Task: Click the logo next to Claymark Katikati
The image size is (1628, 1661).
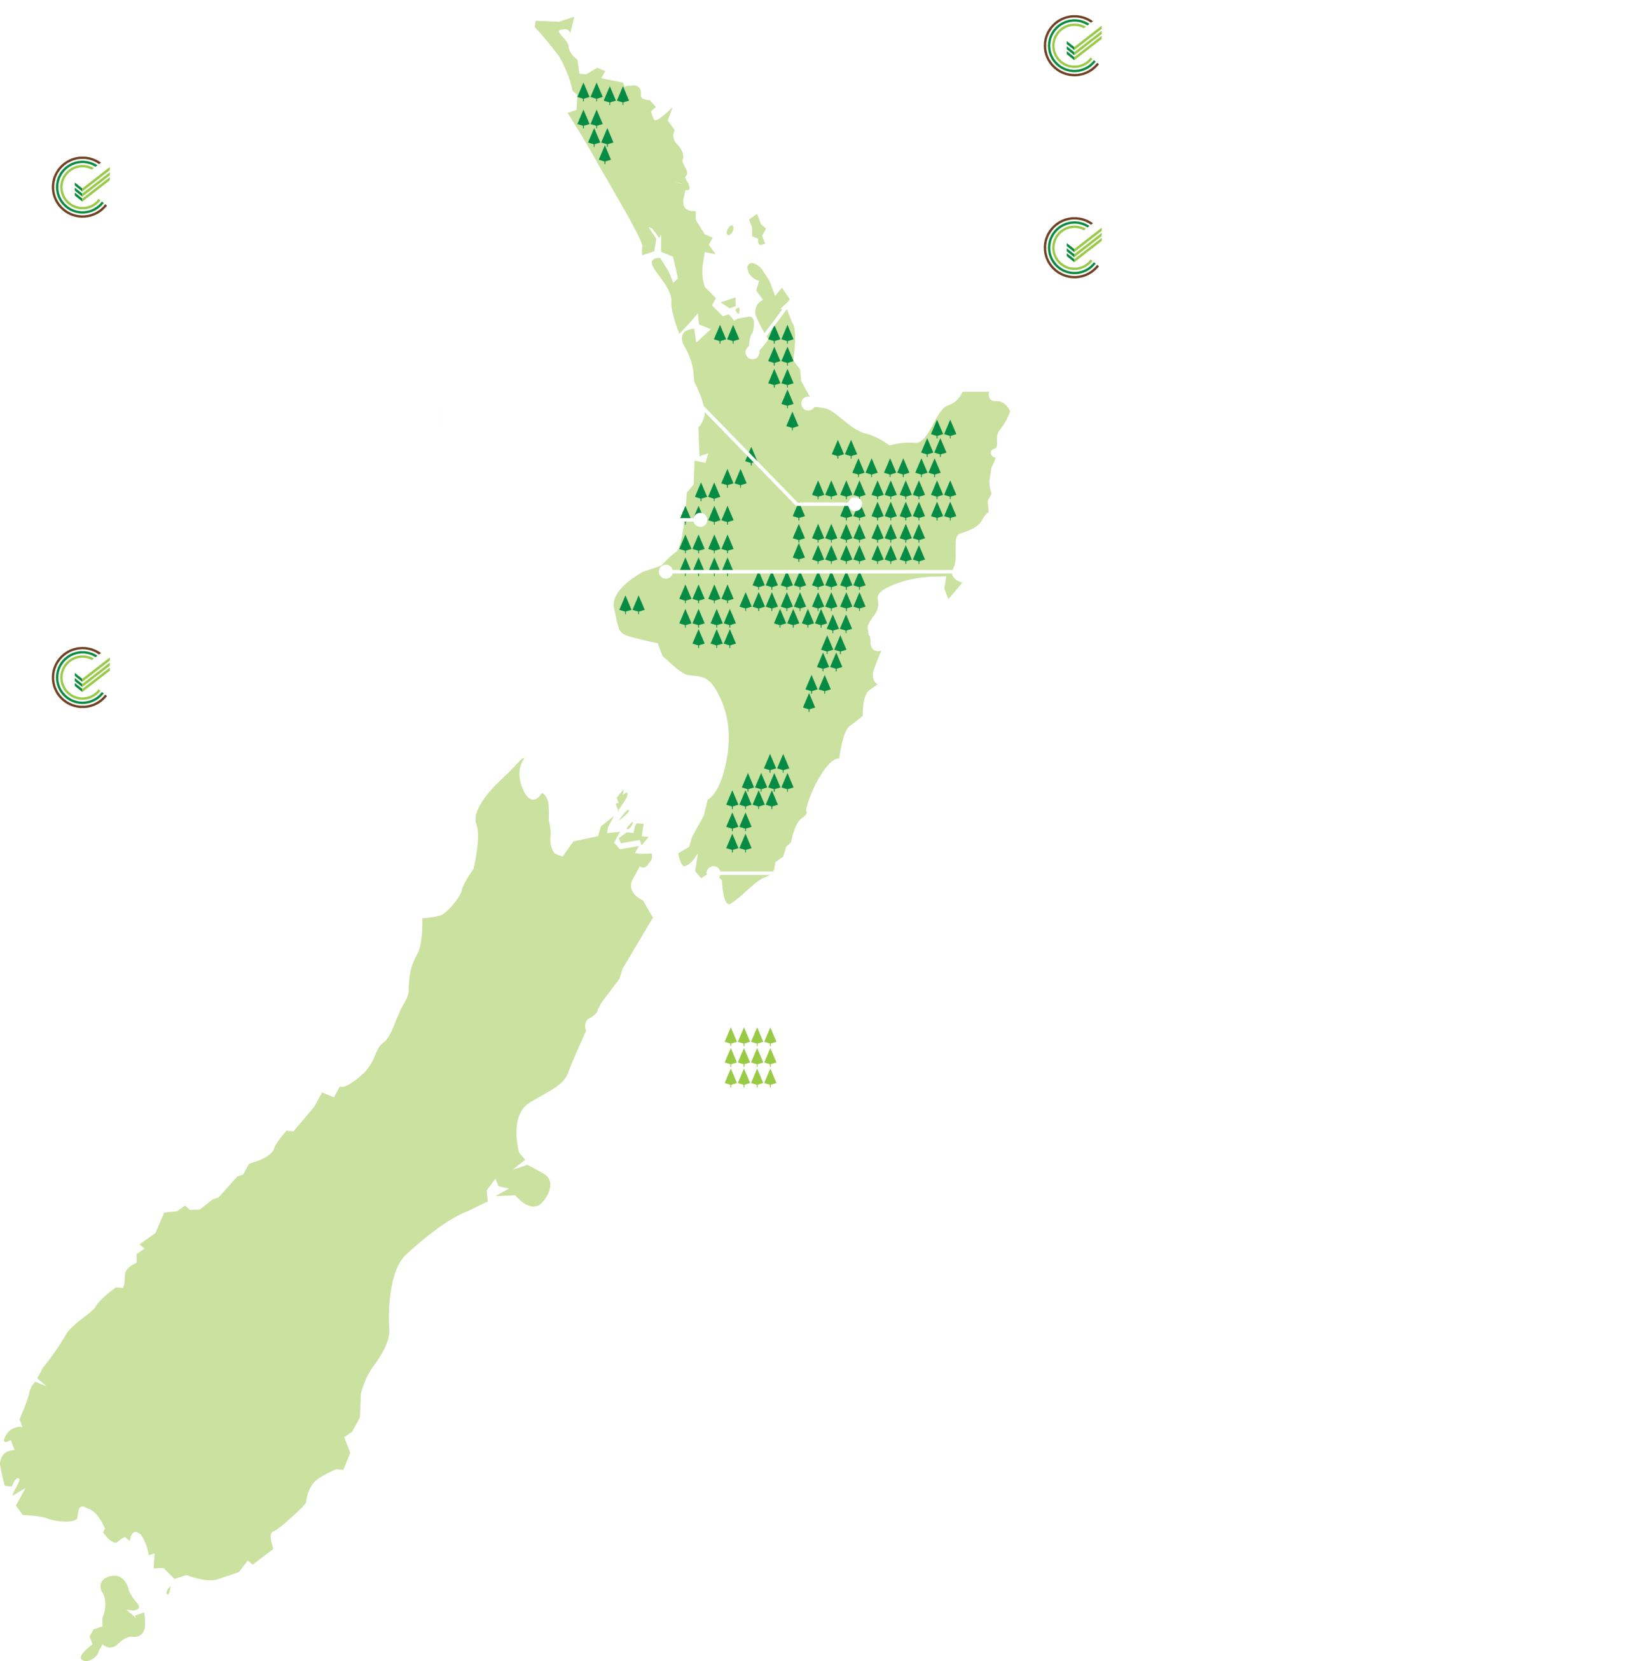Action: pyautogui.click(x=1072, y=248)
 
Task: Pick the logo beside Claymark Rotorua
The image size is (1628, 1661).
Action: pyautogui.click(x=80, y=187)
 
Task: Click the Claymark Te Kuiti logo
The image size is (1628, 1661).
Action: pyautogui.click(x=80, y=678)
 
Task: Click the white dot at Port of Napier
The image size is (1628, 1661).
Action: pyautogui.click(x=874, y=632)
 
